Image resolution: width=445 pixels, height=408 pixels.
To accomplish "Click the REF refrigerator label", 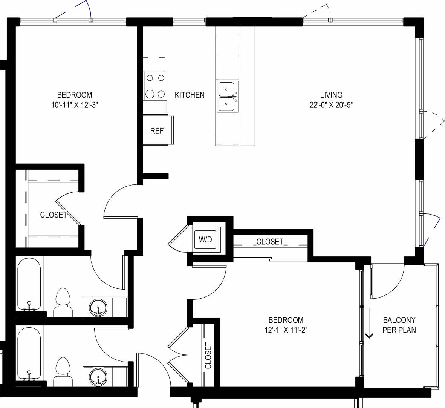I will [157, 131].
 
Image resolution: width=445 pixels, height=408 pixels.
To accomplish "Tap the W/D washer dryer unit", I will [205, 239].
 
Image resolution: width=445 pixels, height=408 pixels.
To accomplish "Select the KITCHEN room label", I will [190, 95].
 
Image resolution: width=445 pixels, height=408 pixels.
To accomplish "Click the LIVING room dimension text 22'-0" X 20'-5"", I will [331, 105].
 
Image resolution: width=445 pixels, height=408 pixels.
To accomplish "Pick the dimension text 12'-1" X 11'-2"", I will [286, 330].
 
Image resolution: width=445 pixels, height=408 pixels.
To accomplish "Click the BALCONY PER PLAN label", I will [399, 325].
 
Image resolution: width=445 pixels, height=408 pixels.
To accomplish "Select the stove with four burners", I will [155, 86].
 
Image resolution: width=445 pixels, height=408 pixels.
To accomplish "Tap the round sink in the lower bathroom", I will [98, 376].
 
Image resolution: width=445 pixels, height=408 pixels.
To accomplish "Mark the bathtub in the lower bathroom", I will [29, 353].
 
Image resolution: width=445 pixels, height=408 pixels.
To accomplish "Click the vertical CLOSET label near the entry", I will [208, 355].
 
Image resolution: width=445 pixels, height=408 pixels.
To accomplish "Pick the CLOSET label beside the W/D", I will [269, 242].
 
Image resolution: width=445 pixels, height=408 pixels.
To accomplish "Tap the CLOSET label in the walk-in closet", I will [54, 215].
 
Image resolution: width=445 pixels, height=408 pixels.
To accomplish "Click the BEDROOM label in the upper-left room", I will [74, 95].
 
